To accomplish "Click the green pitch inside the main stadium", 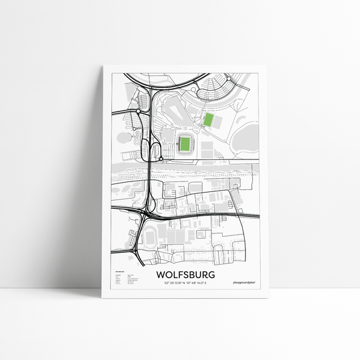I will pyautogui.click(x=185, y=142).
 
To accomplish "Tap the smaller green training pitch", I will pyautogui.click(x=209, y=120).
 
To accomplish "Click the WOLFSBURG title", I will pyautogui.click(x=180, y=274).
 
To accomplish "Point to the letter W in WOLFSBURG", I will pyautogui.click(x=160, y=274).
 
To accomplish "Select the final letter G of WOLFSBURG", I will pyautogui.click(x=202, y=274).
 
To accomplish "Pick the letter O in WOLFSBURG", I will pyautogui.click(x=167, y=274).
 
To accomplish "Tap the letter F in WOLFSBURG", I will pyautogui.click(x=178, y=274).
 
